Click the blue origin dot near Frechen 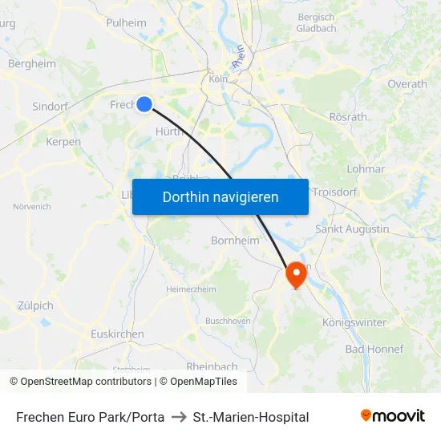144,103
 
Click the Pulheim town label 126,22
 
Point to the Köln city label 218,79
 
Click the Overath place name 407,83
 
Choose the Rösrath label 348,117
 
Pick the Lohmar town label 366,169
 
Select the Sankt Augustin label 352,229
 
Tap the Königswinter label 354,322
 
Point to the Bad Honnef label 374,349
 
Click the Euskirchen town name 117,334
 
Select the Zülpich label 35,305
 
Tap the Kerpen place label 63,142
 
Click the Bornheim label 234,240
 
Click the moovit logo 393,416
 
